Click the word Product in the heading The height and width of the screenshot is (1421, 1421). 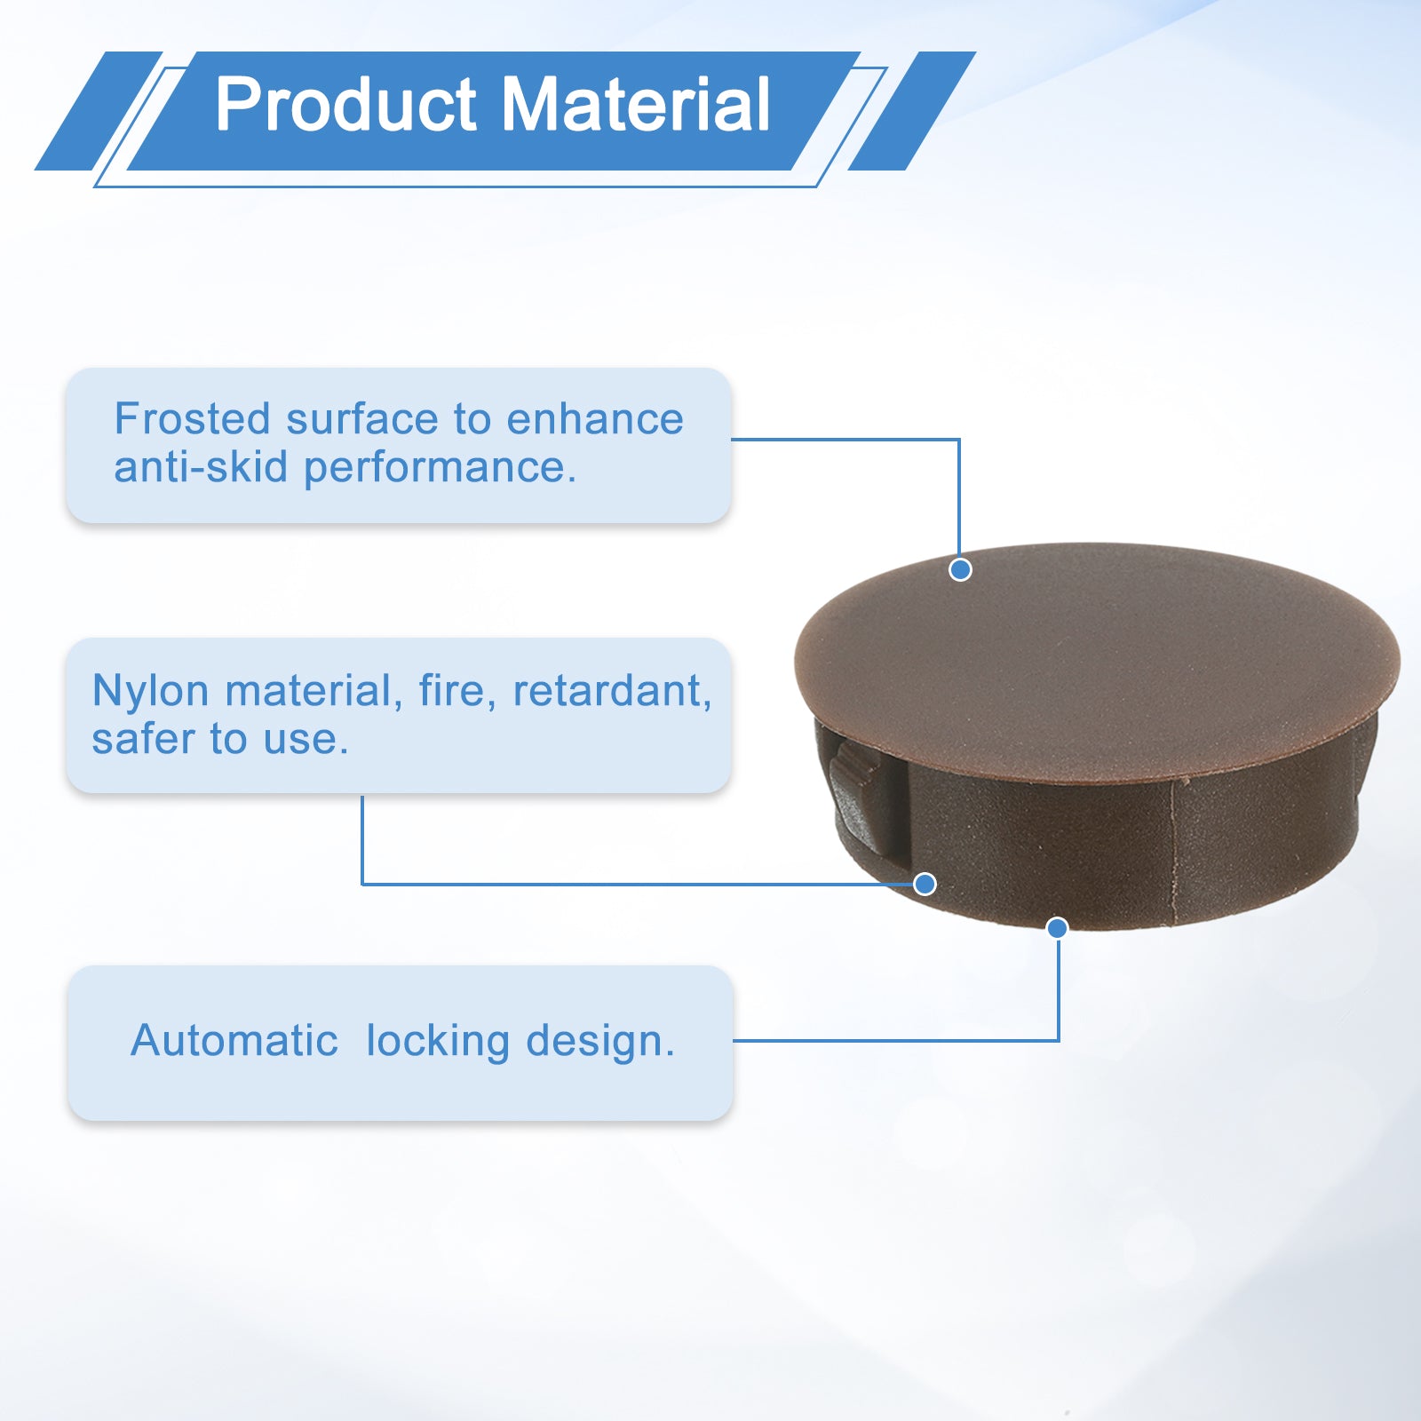pos(346,105)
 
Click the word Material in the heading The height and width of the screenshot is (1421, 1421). pos(636,105)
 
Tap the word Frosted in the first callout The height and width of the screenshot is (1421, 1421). pos(192,418)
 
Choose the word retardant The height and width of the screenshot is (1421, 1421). pos(613,691)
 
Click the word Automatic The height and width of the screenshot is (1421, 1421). pos(234,1040)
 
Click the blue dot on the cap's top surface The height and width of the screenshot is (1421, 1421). pos(960,569)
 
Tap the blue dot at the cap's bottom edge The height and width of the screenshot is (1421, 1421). pos(1057,928)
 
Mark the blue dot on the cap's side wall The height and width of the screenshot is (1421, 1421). pos(925,884)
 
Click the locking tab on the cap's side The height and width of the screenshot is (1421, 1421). pos(856,796)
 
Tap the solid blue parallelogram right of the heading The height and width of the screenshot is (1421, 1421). pos(912,111)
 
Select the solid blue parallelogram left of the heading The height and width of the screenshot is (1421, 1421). pos(99,111)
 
